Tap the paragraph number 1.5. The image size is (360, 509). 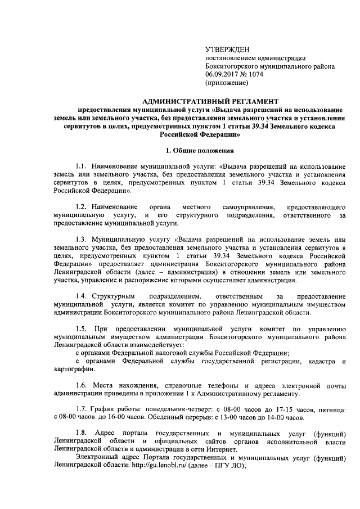pyautogui.click(x=83, y=328)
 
